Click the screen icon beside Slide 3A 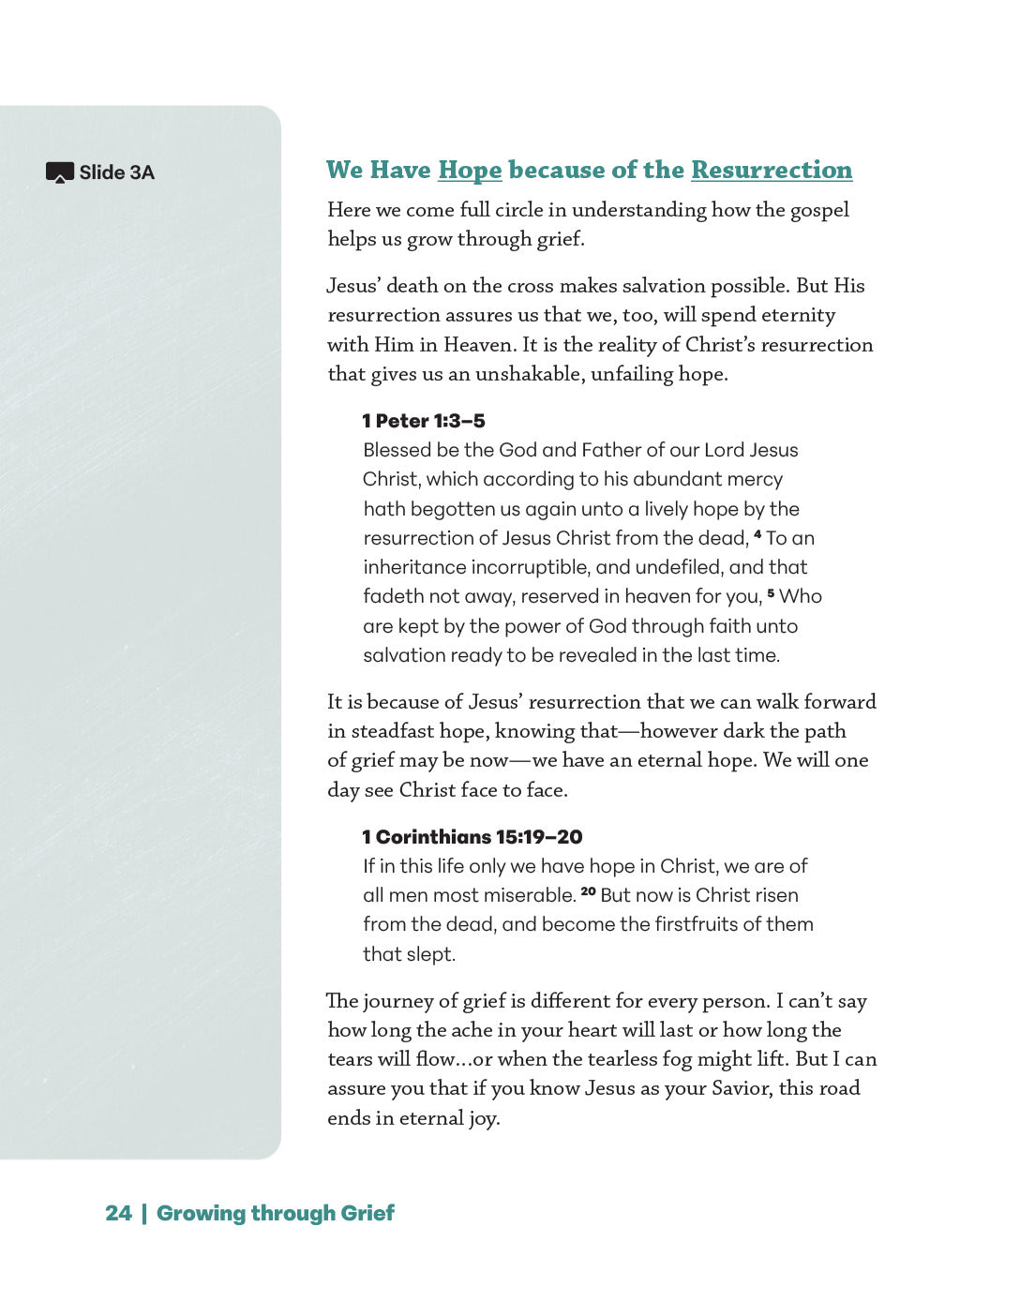[59, 172]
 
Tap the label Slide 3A [117, 172]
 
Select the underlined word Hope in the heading [470, 170]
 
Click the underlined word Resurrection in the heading [772, 170]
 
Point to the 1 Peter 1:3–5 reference [424, 421]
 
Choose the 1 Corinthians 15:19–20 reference [472, 837]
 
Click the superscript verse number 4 [757, 534]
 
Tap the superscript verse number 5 [771, 592]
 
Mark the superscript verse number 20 [588, 891]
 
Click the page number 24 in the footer [118, 1213]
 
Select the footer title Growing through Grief [276, 1213]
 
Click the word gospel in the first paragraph [819, 210]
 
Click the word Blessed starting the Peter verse [397, 450]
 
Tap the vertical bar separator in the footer [144, 1213]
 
